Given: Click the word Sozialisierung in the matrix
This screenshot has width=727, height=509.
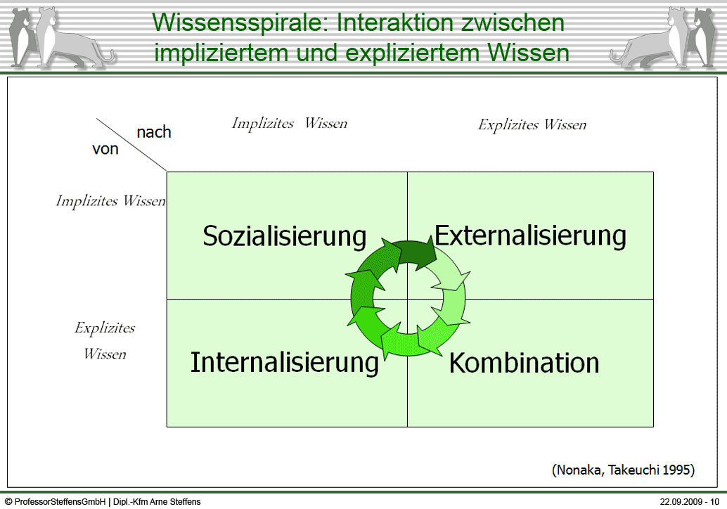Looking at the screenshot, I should pos(284,236).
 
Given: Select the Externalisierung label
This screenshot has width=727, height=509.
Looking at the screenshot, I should pos(530,236).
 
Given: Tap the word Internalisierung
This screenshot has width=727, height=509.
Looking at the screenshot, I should pos(284,363).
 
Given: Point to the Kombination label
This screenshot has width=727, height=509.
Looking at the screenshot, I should pos(524,363).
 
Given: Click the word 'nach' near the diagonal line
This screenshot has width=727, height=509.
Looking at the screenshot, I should pos(154,132).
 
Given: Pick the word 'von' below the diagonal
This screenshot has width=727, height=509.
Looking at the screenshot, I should pos(105,149).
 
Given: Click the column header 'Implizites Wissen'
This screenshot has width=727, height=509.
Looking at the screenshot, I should pos(289,124).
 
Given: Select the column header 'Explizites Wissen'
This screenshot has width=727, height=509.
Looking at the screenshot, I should pos(532,125).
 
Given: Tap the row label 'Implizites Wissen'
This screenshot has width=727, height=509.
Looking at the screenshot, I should pos(110,202).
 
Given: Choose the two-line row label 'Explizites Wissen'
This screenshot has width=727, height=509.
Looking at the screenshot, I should pos(105,341).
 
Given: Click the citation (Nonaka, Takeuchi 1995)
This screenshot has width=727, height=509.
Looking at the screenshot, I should pos(623,470).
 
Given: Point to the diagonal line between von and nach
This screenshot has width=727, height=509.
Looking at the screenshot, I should pos(131,145).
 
